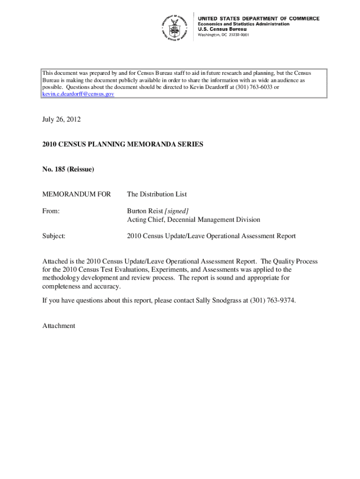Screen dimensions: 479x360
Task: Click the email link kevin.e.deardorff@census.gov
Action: click(78, 94)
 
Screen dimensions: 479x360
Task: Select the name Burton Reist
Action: click(145, 211)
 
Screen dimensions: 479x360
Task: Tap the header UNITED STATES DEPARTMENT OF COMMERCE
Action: click(259, 19)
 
